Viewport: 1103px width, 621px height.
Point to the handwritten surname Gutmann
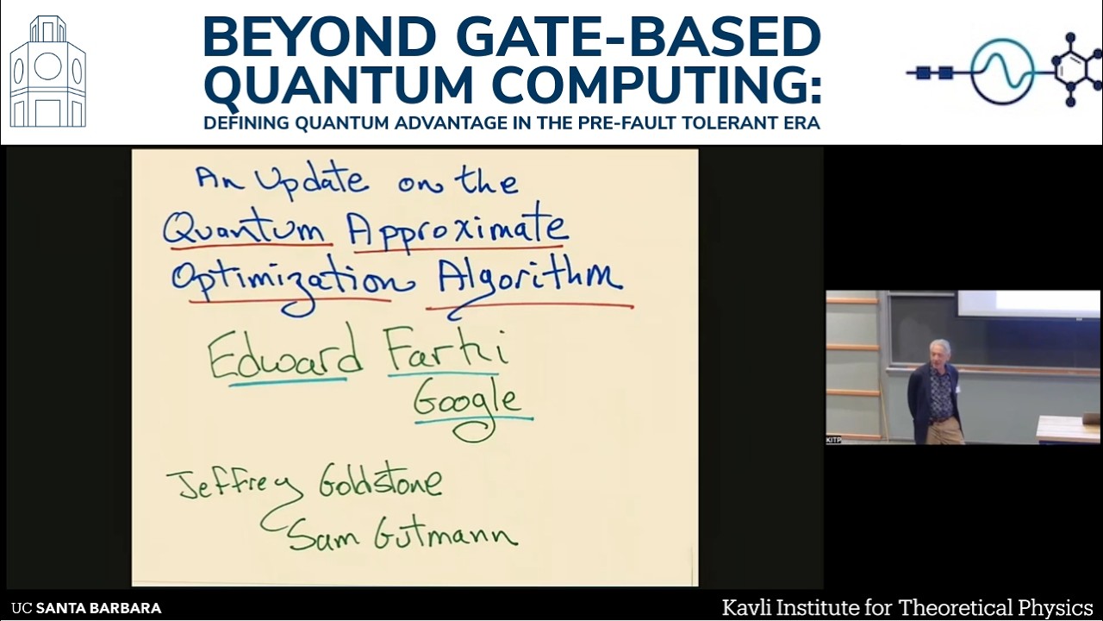[x=446, y=535]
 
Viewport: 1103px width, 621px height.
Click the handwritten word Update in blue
[x=314, y=181]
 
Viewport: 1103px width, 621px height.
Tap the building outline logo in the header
[x=48, y=72]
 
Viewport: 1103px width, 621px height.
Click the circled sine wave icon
[x=1002, y=72]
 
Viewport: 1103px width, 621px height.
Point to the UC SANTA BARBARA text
[x=87, y=608]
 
